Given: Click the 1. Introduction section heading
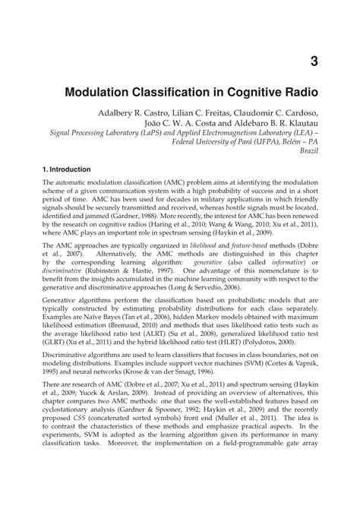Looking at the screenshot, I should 67,169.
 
